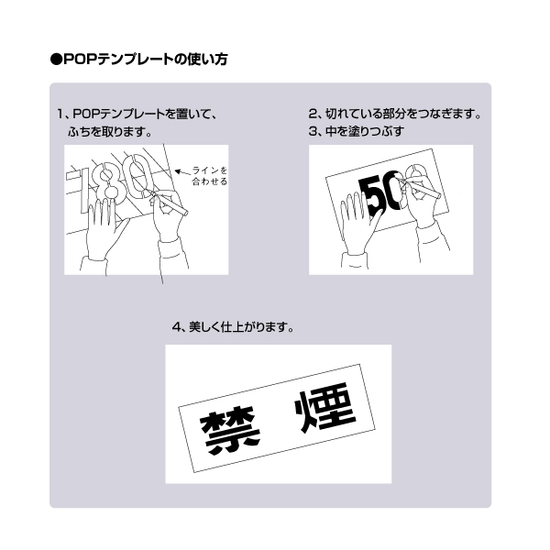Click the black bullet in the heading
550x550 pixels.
pos(56,60)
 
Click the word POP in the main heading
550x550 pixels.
pos(80,60)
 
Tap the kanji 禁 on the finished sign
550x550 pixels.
pos(229,432)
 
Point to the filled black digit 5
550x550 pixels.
pos(370,195)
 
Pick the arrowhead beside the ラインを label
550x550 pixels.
pos(179,171)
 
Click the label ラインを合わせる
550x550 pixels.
pos(209,176)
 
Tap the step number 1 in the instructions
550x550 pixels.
pos(61,115)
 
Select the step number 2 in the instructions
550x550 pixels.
pos(313,114)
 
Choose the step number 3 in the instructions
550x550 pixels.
pos(313,131)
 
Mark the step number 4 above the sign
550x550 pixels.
pos(176,327)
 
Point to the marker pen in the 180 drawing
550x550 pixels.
pos(169,203)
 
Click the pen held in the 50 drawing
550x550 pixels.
pos(420,186)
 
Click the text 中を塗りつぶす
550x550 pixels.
pos(365,131)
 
